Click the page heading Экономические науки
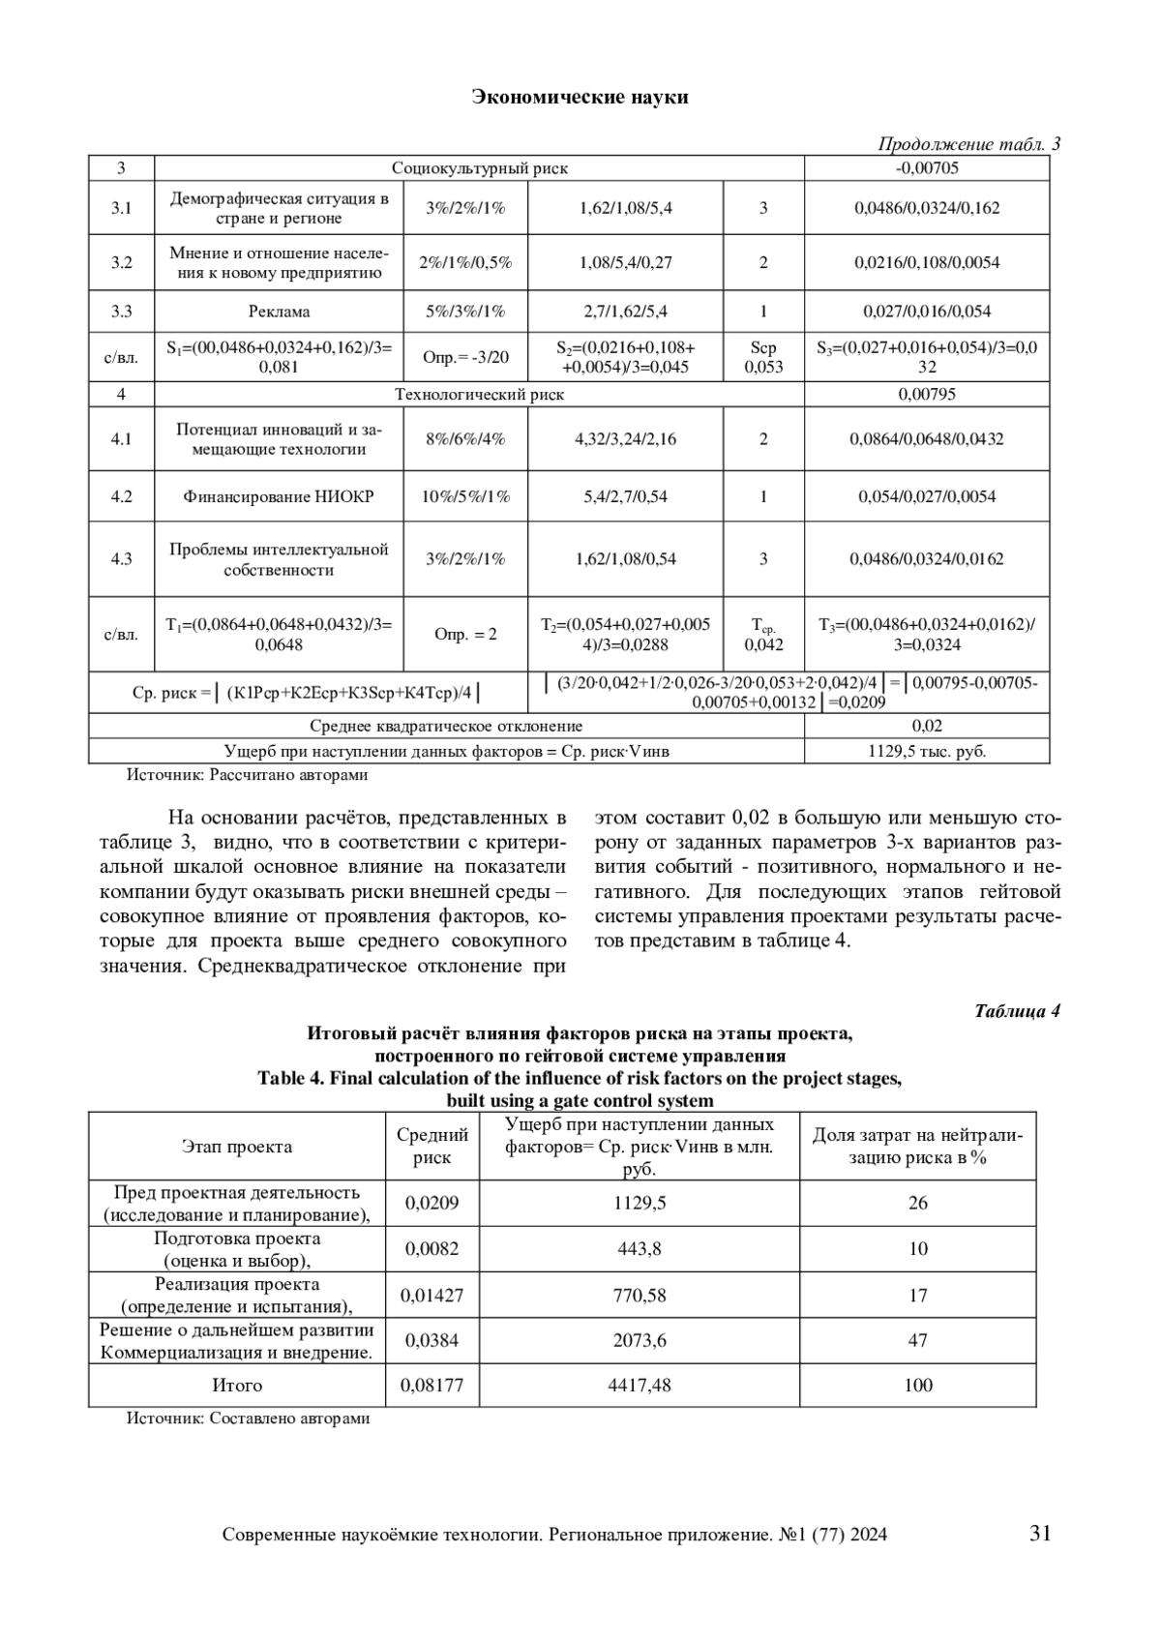(x=580, y=97)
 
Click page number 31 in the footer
(x=1041, y=1533)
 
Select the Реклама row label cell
(x=279, y=312)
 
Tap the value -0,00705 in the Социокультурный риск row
(x=927, y=168)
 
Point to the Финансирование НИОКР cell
(x=279, y=496)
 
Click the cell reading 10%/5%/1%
(x=465, y=496)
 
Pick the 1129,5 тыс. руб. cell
(x=927, y=751)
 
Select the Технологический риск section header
(x=479, y=395)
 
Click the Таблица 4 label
(x=1017, y=1012)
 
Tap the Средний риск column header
(x=432, y=1146)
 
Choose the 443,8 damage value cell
(x=640, y=1249)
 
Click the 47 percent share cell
(x=917, y=1340)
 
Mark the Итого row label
(x=237, y=1386)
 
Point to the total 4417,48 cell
(x=640, y=1386)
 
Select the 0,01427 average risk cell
(x=432, y=1295)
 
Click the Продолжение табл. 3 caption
(x=968, y=145)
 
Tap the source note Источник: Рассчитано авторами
(x=248, y=775)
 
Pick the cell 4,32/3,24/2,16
(x=625, y=439)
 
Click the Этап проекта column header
(x=237, y=1147)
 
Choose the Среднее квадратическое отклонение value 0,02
(x=927, y=726)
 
